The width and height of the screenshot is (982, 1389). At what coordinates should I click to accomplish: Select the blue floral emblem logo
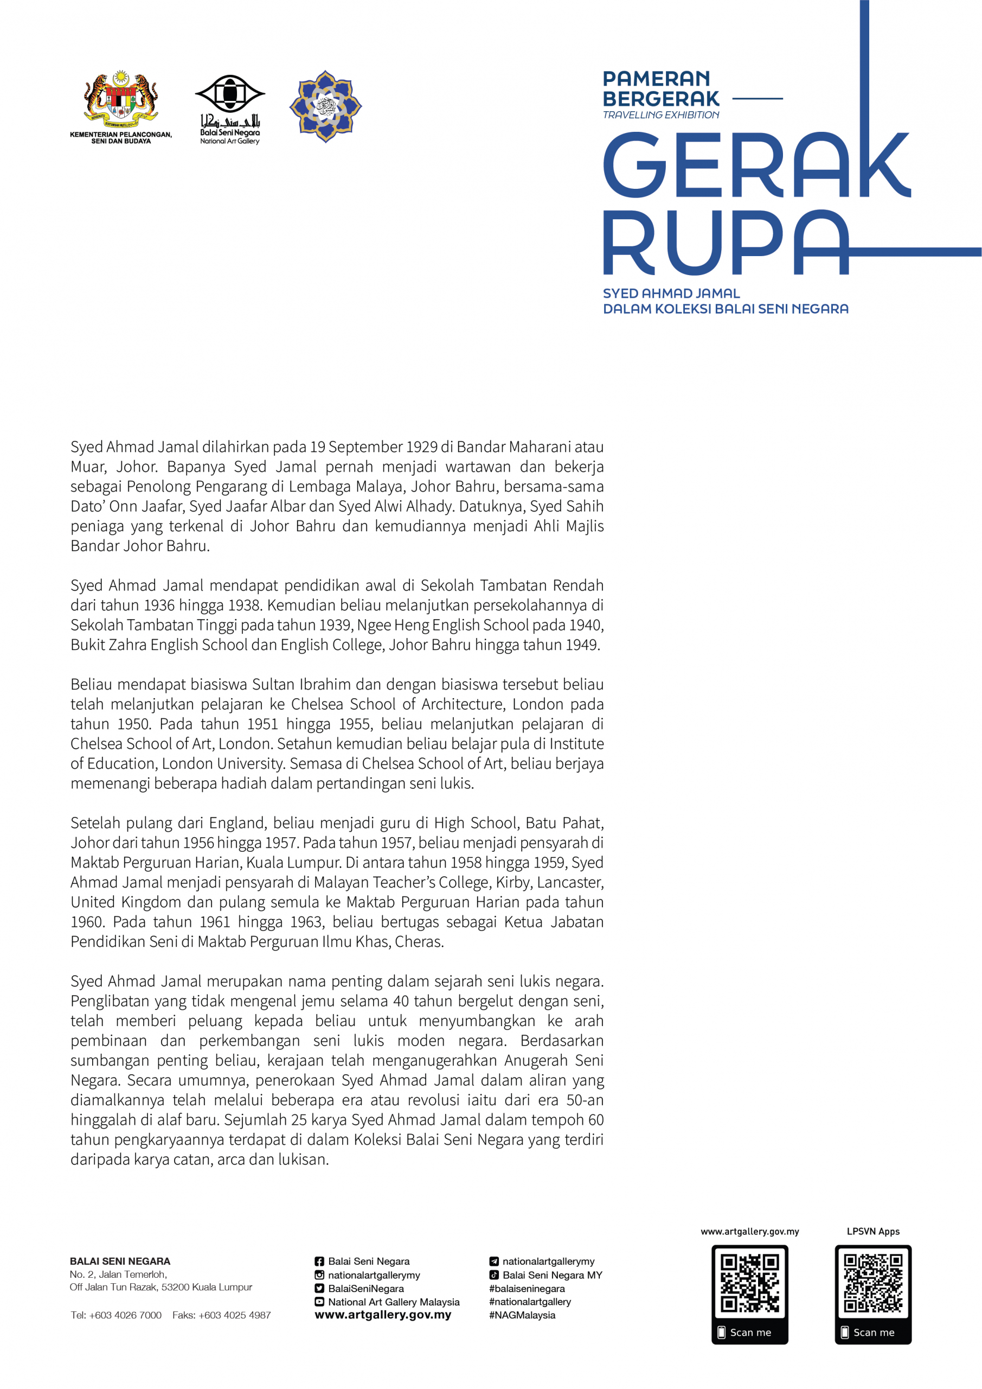click(325, 106)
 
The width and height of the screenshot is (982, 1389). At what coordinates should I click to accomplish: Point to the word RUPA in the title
click(726, 243)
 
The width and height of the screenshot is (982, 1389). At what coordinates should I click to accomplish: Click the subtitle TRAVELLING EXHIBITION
click(661, 115)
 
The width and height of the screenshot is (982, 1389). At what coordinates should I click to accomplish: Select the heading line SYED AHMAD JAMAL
click(671, 294)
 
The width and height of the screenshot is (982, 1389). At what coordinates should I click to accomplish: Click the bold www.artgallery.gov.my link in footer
click(383, 1315)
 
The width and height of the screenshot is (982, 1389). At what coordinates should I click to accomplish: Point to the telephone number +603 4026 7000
click(125, 1315)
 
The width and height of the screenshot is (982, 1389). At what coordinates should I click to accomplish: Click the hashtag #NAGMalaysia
click(522, 1315)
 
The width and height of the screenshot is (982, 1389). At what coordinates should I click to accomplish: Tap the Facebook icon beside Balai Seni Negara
click(319, 1261)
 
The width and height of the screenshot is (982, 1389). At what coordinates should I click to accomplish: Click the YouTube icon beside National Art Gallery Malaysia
click(319, 1302)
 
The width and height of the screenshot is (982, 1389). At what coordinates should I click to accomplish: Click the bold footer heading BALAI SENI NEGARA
click(120, 1261)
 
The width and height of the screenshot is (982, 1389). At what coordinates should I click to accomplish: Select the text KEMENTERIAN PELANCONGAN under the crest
click(121, 135)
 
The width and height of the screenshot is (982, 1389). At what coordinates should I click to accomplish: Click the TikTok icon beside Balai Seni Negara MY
click(494, 1275)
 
